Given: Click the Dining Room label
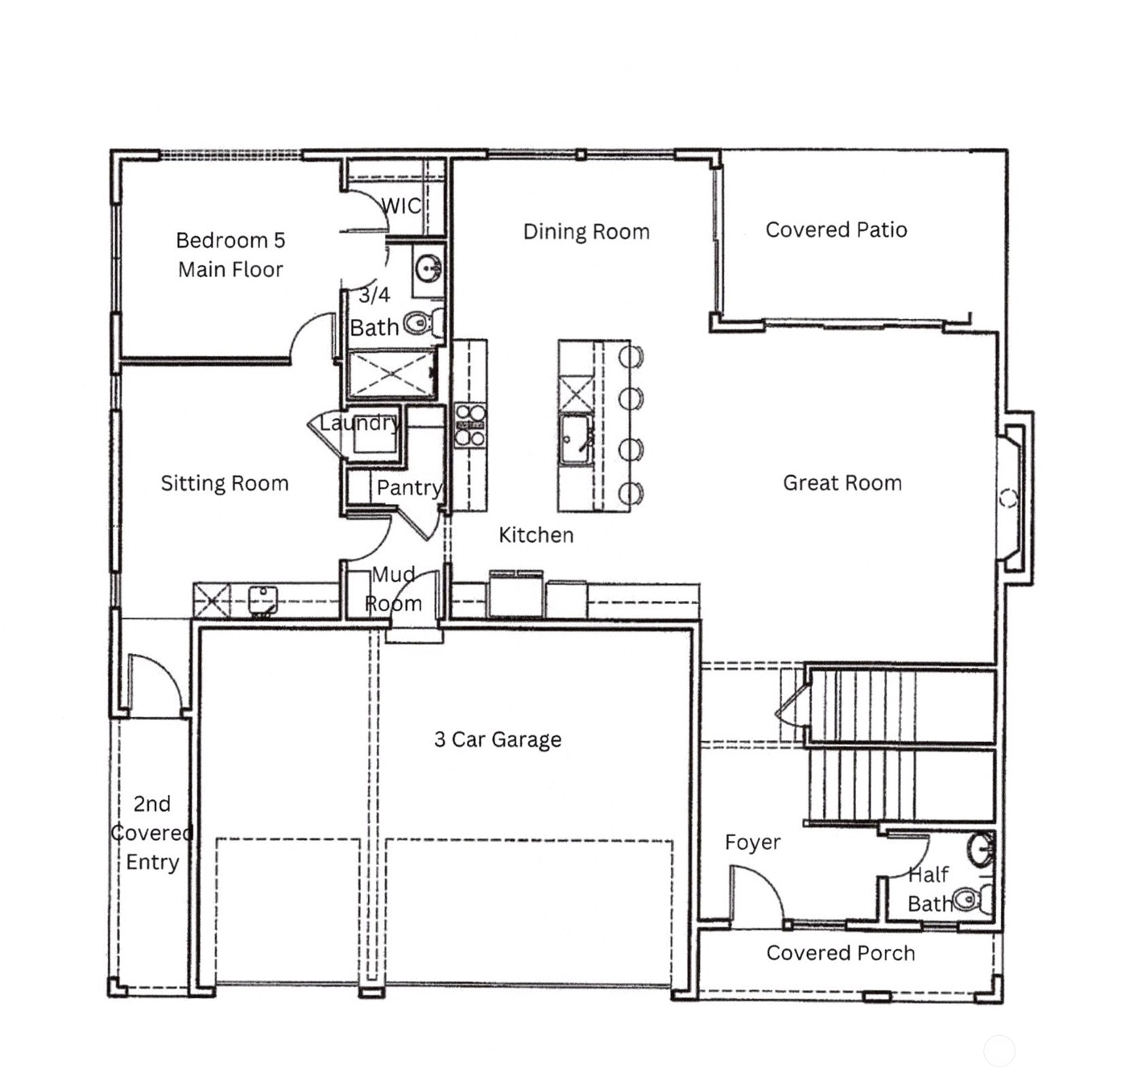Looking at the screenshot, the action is (585, 231).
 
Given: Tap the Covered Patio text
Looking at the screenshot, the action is (836, 230).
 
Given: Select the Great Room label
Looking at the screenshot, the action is (842, 482).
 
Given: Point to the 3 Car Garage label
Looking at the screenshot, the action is (497, 739).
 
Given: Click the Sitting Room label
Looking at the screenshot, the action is (224, 483).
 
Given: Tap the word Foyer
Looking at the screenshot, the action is (752, 843).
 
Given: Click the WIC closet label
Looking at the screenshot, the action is (401, 205).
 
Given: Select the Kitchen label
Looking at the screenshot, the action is (536, 535).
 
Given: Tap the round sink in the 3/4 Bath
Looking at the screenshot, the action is (428, 268).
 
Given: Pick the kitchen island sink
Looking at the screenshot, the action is (576, 439).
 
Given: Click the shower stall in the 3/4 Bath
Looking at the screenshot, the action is (391, 375).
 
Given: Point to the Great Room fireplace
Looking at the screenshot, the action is (1014, 498).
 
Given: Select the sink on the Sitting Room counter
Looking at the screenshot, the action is (263, 600).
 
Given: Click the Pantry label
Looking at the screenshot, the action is (409, 487).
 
